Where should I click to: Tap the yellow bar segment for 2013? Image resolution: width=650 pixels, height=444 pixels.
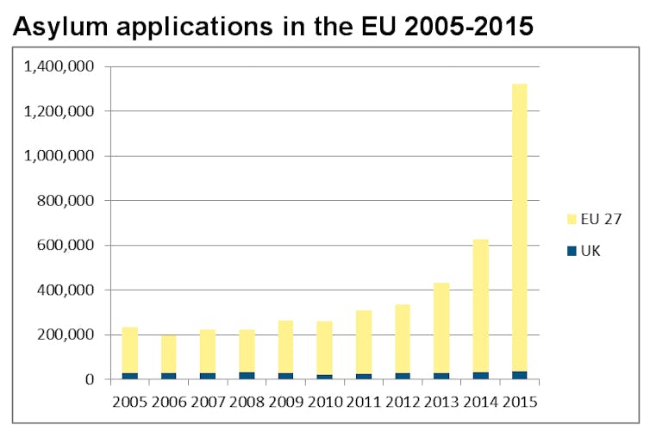(441, 328)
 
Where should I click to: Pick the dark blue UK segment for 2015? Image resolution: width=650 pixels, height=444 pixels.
(520, 375)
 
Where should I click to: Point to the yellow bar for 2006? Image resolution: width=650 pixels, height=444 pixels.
(169, 353)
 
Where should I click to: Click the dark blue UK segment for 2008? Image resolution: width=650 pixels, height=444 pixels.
(247, 376)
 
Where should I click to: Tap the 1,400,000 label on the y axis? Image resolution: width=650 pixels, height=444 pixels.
(60, 66)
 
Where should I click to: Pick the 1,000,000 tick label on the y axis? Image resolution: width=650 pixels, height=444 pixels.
(60, 156)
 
